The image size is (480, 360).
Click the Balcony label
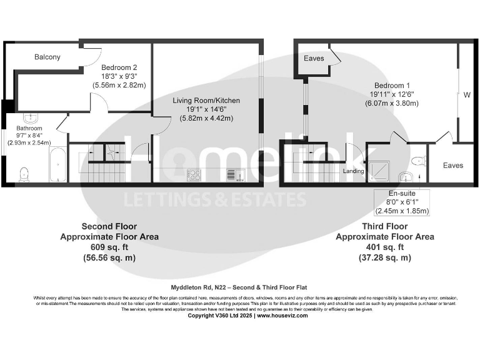[x=47, y=57]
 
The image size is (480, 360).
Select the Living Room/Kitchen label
[x=206, y=101]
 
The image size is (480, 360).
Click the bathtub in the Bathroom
[x=57, y=165]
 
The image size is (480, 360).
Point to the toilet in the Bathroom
[x=24, y=173]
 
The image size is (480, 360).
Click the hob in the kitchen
[x=194, y=174]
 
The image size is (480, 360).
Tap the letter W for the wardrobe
[x=466, y=96]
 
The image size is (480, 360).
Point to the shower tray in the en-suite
[x=380, y=167]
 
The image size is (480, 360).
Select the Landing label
[x=353, y=170]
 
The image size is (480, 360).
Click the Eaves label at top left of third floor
[x=314, y=58]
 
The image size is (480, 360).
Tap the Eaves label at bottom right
[x=453, y=165]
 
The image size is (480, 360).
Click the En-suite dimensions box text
[x=399, y=202]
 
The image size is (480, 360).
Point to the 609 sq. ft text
[x=109, y=247]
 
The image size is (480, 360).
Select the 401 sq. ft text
[x=384, y=247]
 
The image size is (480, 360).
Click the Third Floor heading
[x=384, y=226]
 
